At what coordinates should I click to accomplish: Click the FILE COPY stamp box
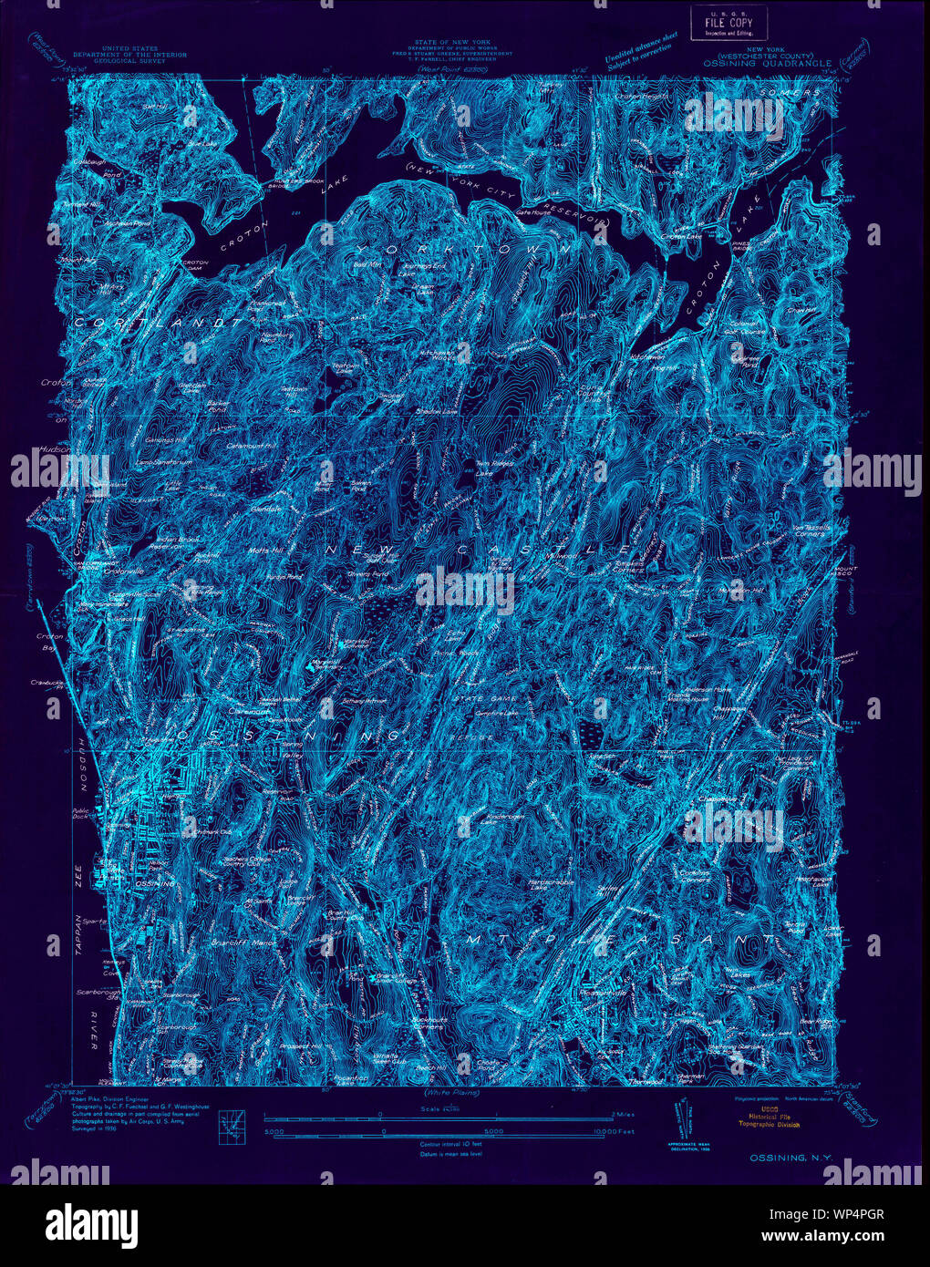[x=728, y=23]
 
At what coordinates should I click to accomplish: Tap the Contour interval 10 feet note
[x=450, y=1143]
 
